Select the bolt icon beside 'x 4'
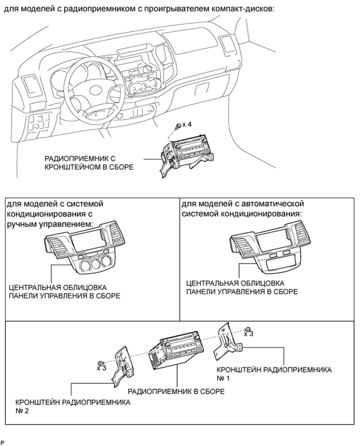[x=179, y=126]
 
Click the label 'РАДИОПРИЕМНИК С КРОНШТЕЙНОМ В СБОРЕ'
[x=89, y=163]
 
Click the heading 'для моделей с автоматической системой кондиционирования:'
[x=243, y=209]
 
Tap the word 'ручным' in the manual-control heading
[x=23, y=225]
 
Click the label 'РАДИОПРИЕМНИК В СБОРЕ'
[x=176, y=391]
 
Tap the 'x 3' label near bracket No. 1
[x=249, y=334]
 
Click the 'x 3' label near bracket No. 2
[x=101, y=368]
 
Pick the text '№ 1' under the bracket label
[x=223, y=378]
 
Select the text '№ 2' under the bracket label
[x=22, y=410]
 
